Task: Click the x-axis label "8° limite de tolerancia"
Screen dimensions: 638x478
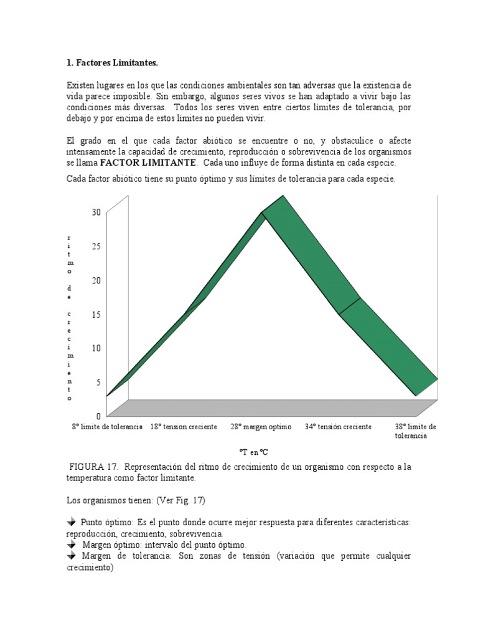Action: [107, 427]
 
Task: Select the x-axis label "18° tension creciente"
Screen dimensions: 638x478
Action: [184, 427]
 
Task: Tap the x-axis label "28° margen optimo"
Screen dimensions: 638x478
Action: [261, 427]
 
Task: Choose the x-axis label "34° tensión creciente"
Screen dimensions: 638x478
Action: [338, 427]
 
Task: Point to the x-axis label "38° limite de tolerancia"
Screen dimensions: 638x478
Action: [415, 431]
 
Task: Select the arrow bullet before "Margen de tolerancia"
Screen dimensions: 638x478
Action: [71, 555]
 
